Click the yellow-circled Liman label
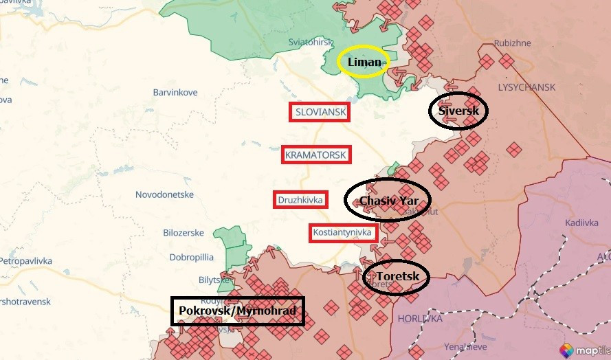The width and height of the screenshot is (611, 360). pos(364,63)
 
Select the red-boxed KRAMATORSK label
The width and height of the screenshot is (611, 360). pos(315,155)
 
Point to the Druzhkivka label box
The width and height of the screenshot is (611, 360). pos(300,200)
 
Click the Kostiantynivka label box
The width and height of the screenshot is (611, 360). pos(342,233)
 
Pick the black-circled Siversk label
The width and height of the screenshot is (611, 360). pos(458,110)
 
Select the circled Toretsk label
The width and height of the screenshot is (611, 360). pos(395,278)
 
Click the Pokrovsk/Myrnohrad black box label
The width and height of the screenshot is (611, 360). pos(237,311)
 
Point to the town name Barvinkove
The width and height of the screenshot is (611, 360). pos(175,92)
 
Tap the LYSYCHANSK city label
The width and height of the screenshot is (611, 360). pos(526,87)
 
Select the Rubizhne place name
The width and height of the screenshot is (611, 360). pos(512,43)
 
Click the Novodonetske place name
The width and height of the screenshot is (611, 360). pos(164,194)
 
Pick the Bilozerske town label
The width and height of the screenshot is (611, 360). pos(183,233)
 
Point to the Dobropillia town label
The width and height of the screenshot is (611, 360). pos(191,257)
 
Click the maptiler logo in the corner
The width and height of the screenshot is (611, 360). pos(584,349)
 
